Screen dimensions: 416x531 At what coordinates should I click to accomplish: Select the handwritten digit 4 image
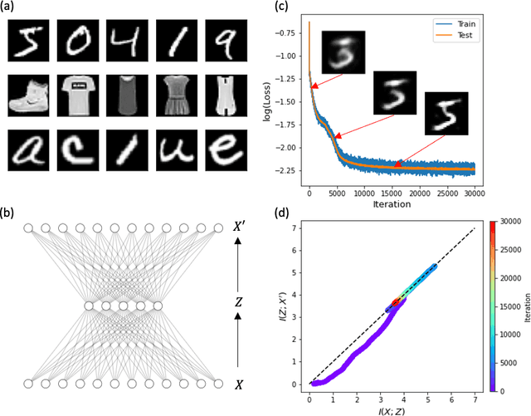tap(122, 42)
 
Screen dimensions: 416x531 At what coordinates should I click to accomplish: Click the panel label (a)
tap(11, 9)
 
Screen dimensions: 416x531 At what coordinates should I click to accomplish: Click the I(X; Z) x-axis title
tap(392, 409)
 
